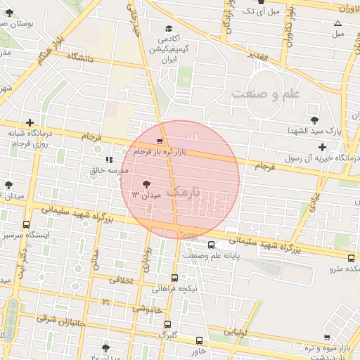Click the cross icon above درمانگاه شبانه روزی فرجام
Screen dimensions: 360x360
(30, 122)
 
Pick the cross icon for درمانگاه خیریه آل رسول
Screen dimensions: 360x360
(322, 148)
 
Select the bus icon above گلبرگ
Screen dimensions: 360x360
(167, 324)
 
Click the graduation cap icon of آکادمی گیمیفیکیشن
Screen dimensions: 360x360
(169, 28)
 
